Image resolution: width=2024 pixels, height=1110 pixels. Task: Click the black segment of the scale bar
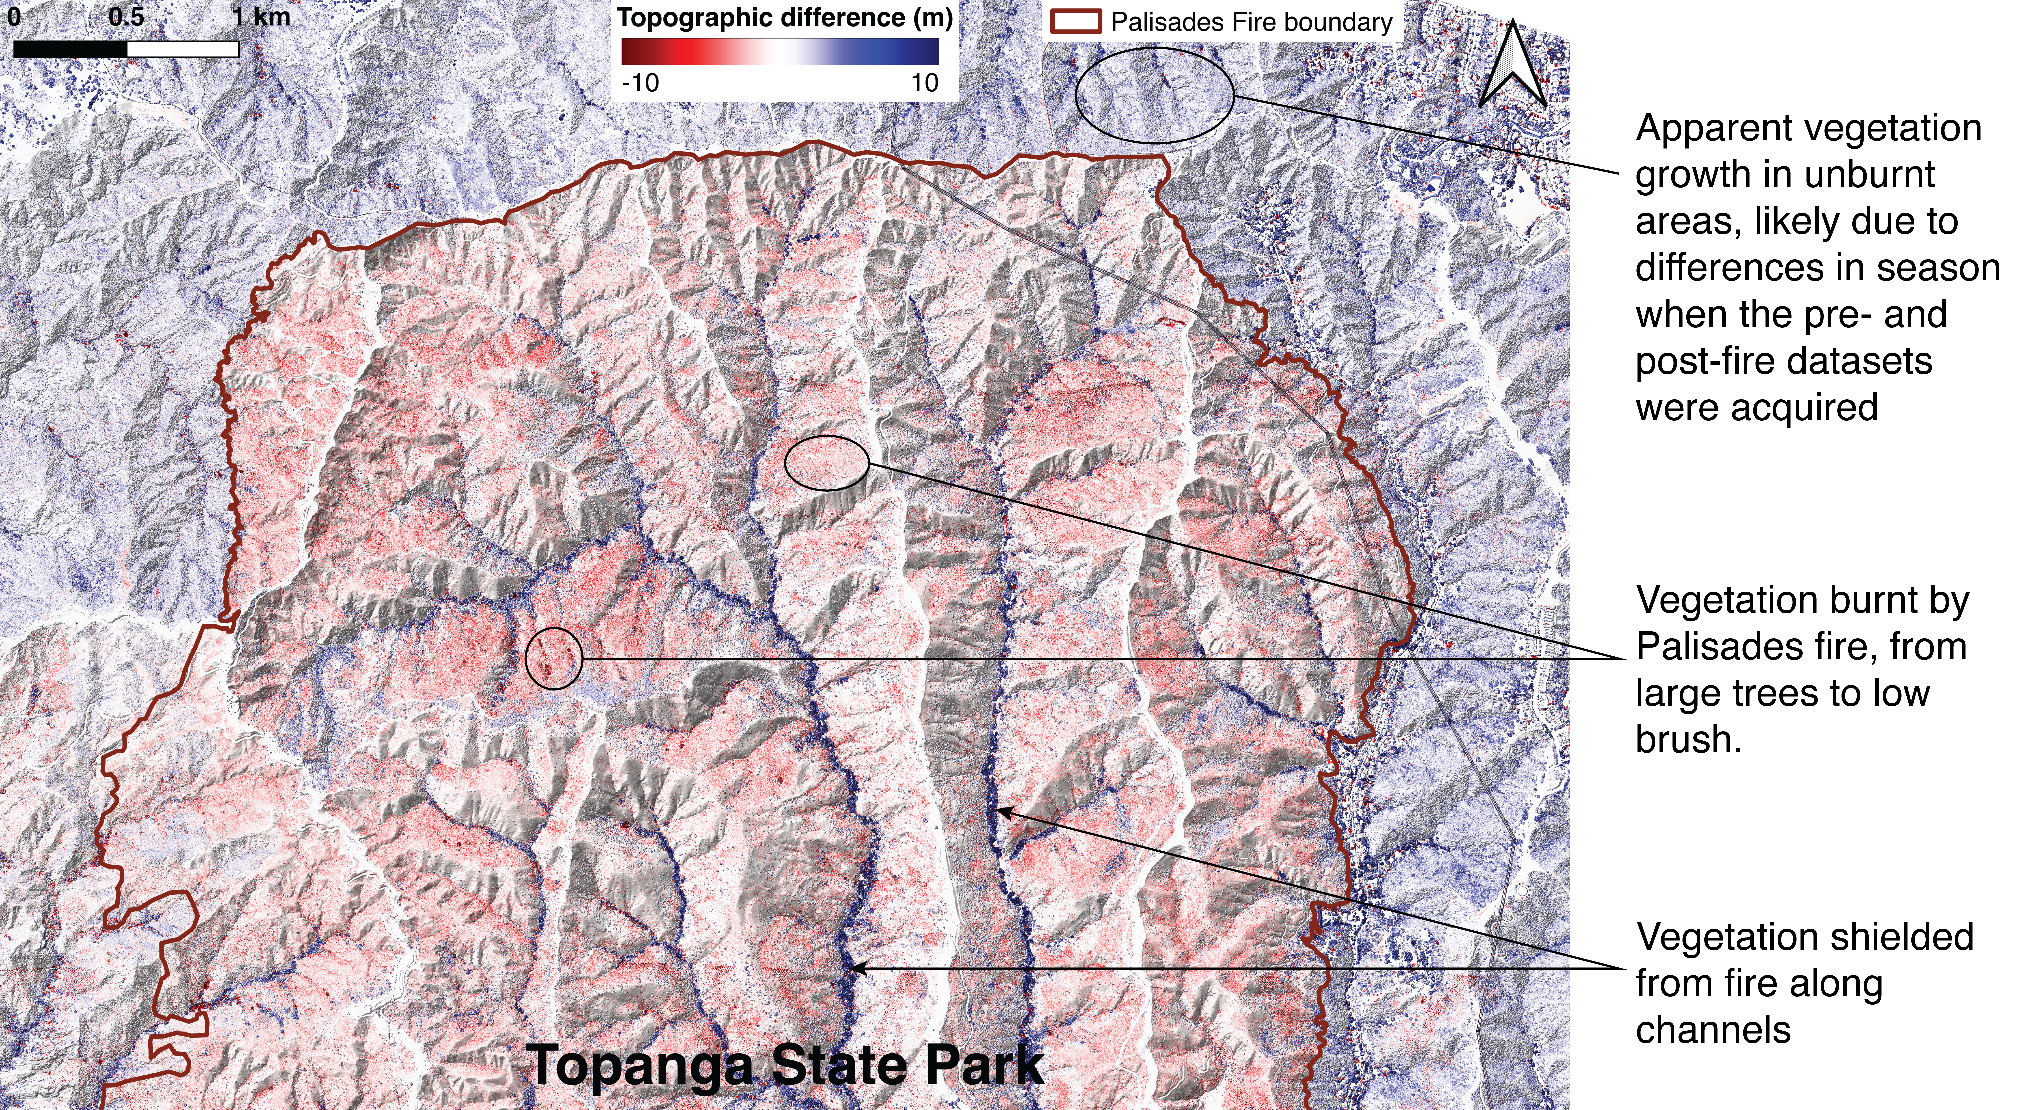[x=71, y=49]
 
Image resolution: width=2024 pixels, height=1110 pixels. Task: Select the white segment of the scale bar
[x=182, y=49]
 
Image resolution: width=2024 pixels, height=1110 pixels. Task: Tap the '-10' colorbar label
[x=640, y=83]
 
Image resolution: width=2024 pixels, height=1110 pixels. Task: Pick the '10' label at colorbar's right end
[x=924, y=83]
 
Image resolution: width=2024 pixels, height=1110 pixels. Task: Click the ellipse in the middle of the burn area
[x=827, y=463]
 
